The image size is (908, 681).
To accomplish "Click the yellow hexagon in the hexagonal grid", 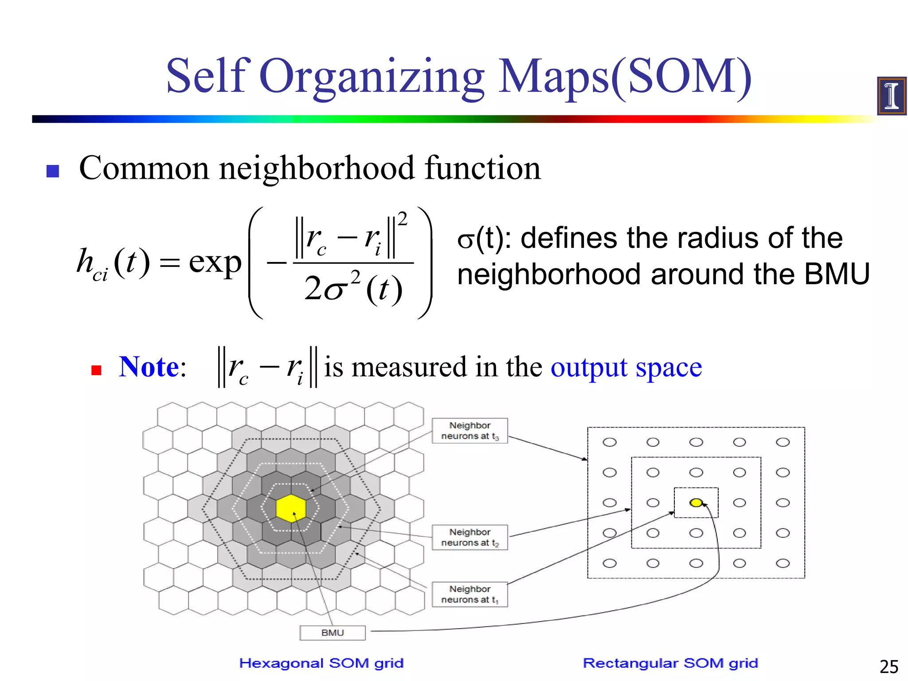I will coord(291,508).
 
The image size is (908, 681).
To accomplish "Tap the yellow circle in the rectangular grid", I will coord(696,502).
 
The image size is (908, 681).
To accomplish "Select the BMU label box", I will coord(333,633).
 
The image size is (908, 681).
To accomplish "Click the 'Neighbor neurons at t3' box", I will coord(470,431).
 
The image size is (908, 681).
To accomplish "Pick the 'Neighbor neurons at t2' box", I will coord(470,537).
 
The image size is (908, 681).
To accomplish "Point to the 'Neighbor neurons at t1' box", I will coord(470,594).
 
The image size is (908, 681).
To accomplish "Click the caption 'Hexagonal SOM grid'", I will coord(321,663).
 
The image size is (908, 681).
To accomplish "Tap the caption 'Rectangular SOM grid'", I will coord(670,663).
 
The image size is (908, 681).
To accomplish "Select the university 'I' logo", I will coord(892,96).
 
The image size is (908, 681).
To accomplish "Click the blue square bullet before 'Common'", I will coord(53,171).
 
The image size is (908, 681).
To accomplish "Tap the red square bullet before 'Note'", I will coord(96,370).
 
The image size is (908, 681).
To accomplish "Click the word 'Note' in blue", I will coord(149,367).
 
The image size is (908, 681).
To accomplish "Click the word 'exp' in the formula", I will coord(215,262).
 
